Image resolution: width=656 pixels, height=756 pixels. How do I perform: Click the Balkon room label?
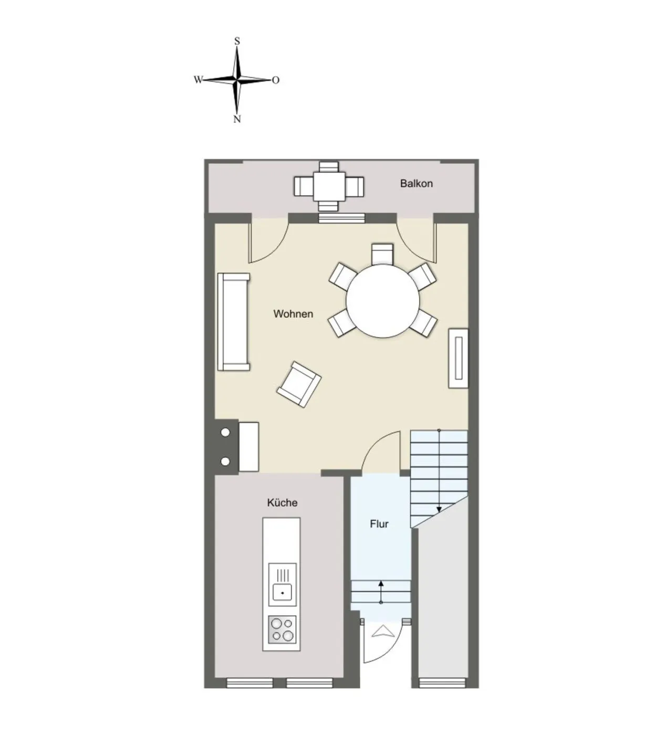tap(416, 183)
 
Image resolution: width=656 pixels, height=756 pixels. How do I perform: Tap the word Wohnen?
tap(293, 314)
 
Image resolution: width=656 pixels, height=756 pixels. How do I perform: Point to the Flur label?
tap(379, 523)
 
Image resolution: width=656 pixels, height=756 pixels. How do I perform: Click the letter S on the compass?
tap(237, 41)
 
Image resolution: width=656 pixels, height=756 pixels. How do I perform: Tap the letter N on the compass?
tap(237, 119)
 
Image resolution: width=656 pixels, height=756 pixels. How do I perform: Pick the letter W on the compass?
tap(198, 80)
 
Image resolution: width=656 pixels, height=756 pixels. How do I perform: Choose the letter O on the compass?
tap(275, 80)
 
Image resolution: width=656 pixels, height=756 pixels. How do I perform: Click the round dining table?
tap(382, 301)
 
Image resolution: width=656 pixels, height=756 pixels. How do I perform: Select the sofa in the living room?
tap(234, 321)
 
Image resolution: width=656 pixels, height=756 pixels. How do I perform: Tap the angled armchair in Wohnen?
tap(299, 384)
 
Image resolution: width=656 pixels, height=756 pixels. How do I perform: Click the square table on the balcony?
tap(329, 186)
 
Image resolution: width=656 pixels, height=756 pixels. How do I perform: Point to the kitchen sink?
tap(282, 592)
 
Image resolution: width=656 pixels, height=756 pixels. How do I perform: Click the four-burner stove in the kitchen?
tap(282, 629)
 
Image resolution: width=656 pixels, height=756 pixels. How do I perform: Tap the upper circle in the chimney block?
tap(225, 432)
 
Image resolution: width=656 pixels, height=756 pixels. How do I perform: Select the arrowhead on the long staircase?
tap(439, 509)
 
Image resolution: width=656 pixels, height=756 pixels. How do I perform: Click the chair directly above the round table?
tap(382, 254)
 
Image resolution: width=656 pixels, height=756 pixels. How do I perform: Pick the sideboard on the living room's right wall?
tap(459, 358)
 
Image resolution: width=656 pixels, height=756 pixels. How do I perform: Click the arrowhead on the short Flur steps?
tap(381, 584)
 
